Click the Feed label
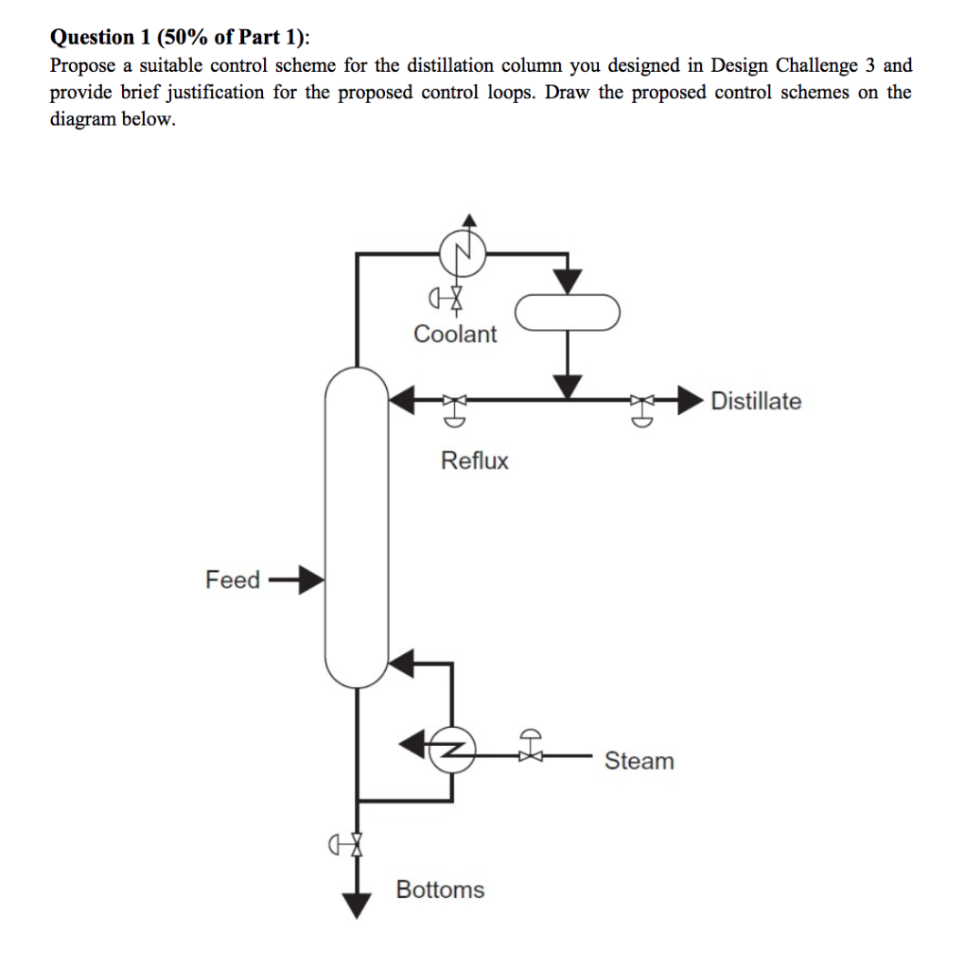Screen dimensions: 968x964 (232, 579)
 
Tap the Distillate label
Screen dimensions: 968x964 (755, 402)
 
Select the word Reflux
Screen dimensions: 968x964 (474, 461)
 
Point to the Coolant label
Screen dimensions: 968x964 (455, 335)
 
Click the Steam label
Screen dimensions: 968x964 (640, 761)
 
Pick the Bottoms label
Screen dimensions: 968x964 (440, 890)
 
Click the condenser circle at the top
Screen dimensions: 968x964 (462, 253)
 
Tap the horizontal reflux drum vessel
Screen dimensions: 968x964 (566, 312)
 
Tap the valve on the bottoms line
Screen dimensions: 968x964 (356, 841)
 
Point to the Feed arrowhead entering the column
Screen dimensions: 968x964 (311, 579)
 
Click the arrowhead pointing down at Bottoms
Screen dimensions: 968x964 (357, 905)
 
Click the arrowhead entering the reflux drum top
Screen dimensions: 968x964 (567, 280)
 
